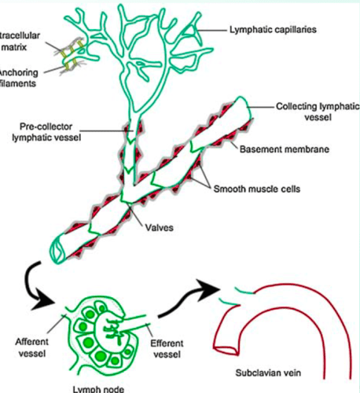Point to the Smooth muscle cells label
[264, 189]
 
